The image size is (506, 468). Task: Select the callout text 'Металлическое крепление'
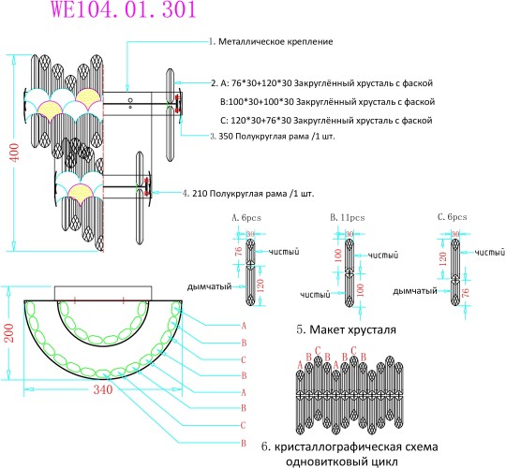(276, 42)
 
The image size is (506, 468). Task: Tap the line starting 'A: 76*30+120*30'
(325, 82)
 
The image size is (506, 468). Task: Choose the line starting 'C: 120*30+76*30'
(325, 121)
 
